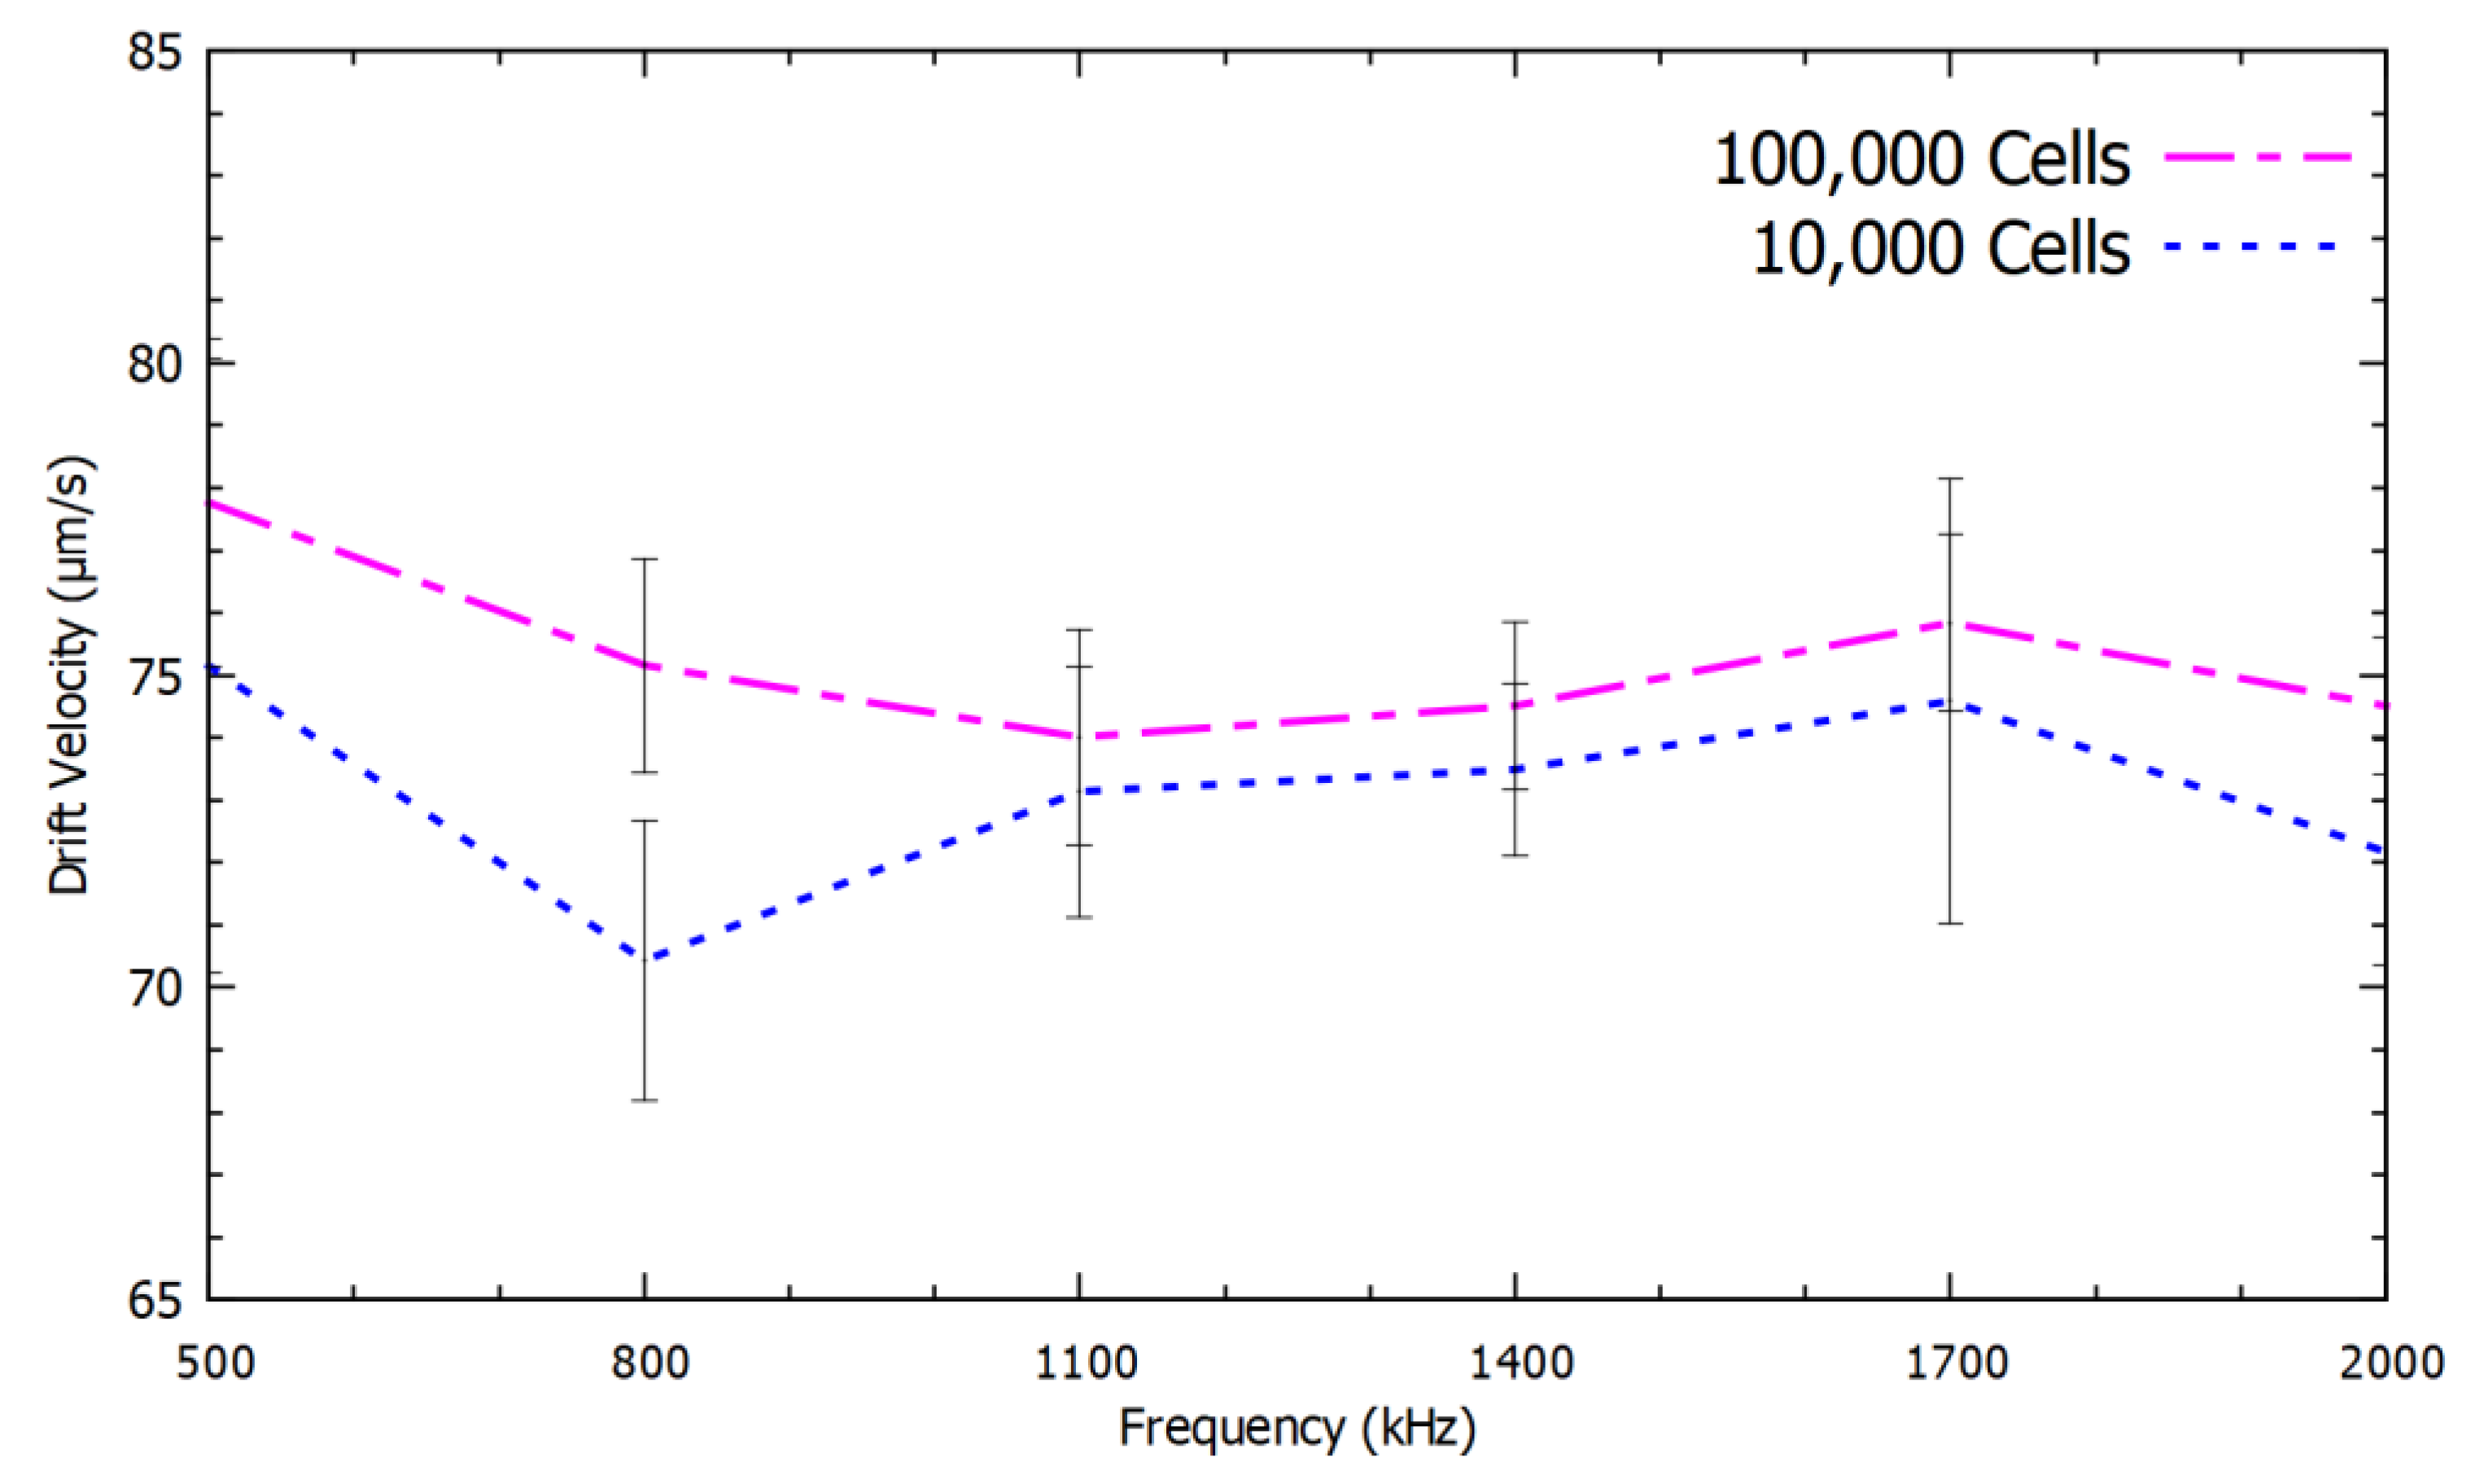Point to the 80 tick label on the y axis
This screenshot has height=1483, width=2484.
coord(155,364)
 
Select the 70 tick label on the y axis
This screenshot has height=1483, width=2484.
coord(155,988)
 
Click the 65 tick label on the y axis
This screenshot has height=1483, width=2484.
coord(155,1300)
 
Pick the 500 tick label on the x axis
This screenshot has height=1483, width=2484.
coord(216,1363)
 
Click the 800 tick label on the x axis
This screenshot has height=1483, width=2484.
coord(650,1363)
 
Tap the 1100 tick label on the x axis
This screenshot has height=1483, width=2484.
coord(1085,1363)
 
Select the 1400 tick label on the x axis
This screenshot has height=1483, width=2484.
coord(1520,1363)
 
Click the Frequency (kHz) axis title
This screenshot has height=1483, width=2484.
coord(1297,1430)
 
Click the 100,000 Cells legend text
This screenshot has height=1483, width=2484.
coord(1921,160)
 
